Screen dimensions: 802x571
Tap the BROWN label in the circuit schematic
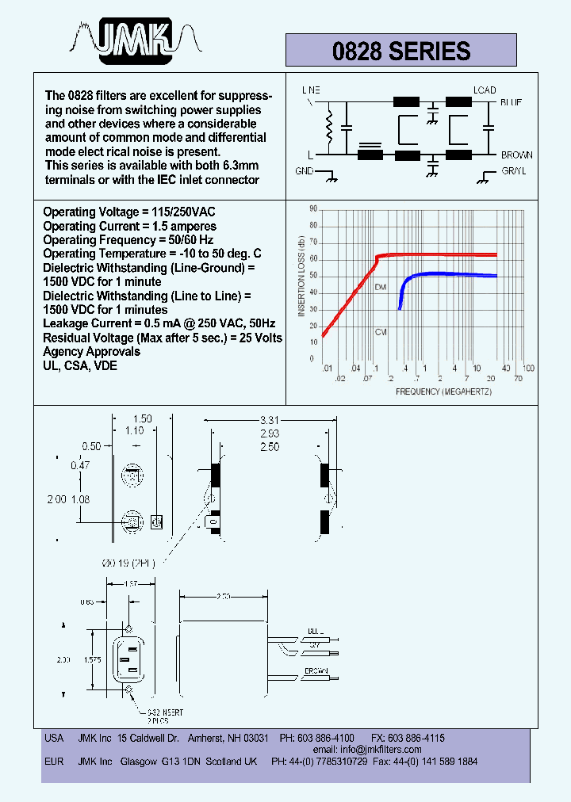[516, 155]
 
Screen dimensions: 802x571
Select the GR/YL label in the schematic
[513, 171]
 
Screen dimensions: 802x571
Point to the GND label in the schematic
[305, 171]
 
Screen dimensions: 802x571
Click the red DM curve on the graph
[436, 254]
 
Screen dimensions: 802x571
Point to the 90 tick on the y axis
[313, 209]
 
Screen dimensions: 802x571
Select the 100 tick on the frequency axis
[528, 369]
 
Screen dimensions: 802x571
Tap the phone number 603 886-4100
[326, 738]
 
